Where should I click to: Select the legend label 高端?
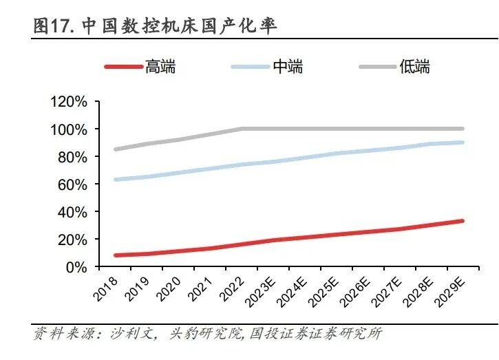coord(160,67)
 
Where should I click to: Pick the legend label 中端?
coord(288,67)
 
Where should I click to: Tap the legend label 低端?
coord(415,67)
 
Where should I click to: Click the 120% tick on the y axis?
coord(68,102)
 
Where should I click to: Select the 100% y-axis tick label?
coord(68,129)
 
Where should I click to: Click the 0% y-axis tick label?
coord(75,266)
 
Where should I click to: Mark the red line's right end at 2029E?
coord(462,221)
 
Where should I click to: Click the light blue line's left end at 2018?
coord(116,180)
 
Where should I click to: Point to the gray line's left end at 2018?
coord(116,149)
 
